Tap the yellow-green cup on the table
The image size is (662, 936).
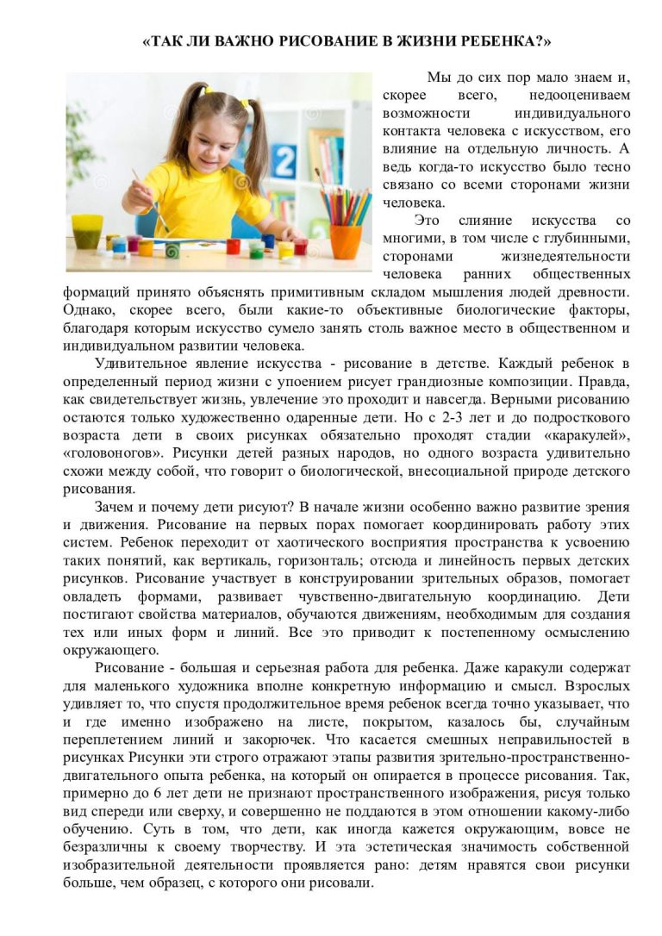tap(86, 231)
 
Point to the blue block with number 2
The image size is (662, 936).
tap(283, 160)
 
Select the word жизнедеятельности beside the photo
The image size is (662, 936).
tap(565, 256)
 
